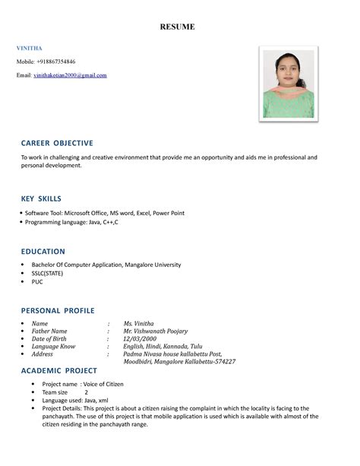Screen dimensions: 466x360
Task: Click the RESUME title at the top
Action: (177, 27)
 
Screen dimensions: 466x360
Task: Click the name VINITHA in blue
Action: (30, 48)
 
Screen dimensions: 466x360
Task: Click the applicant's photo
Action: (289, 84)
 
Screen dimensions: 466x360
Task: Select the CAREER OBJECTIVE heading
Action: (57, 143)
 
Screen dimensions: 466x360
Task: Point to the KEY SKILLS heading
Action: (41, 198)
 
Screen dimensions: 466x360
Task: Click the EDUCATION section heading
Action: (43, 251)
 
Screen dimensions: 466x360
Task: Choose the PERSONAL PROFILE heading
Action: (58, 310)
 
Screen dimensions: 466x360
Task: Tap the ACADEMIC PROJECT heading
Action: (59, 370)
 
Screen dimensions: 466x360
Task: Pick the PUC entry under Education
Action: (37, 281)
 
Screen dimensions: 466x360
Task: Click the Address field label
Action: (42, 353)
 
